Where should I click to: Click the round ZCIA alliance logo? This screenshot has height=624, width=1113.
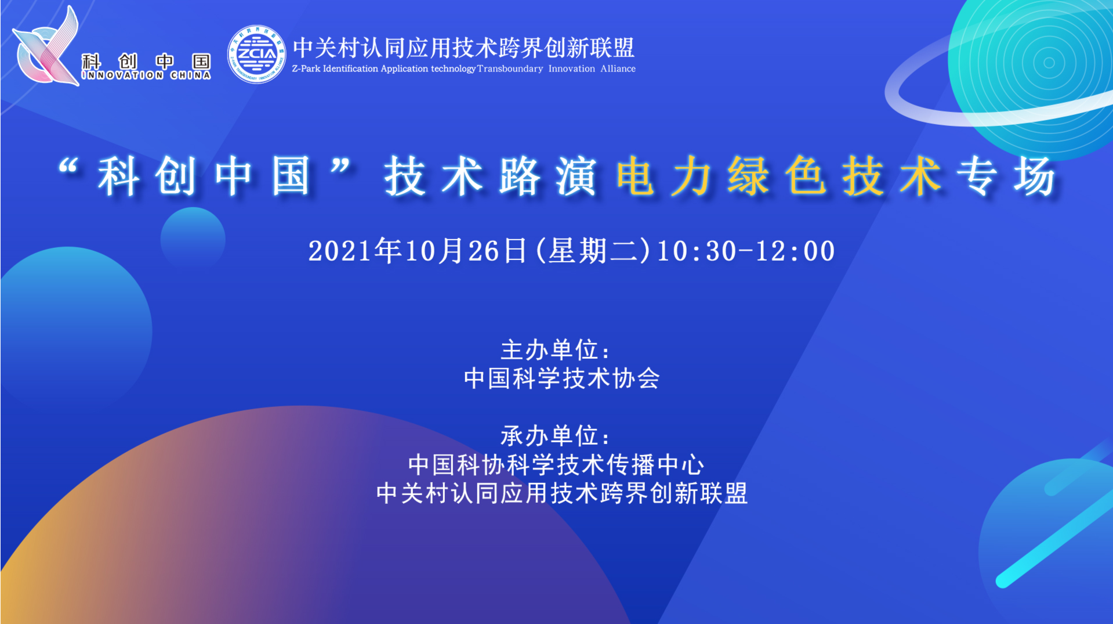pyautogui.click(x=256, y=54)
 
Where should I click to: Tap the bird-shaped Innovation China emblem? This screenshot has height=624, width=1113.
pyautogui.click(x=46, y=46)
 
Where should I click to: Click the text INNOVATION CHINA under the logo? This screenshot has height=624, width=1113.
pyautogui.click(x=146, y=75)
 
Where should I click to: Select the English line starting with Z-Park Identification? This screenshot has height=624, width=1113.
pyautogui.click(x=463, y=68)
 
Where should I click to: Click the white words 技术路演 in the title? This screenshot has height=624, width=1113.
pyautogui.click(x=490, y=176)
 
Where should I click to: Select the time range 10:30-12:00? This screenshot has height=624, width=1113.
pyautogui.click(x=746, y=251)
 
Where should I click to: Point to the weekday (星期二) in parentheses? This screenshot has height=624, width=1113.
pyautogui.click(x=592, y=251)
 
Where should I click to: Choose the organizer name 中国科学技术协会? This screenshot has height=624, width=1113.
pyautogui.click(x=561, y=378)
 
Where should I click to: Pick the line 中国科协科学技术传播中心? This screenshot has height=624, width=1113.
pyautogui.click(x=556, y=464)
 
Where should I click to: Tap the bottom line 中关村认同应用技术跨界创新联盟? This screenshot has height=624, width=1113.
pyautogui.click(x=562, y=493)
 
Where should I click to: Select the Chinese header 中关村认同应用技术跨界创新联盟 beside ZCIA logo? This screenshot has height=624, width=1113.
pyautogui.click(x=463, y=47)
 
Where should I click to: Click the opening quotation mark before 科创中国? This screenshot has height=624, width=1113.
pyautogui.click(x=68, y=167)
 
